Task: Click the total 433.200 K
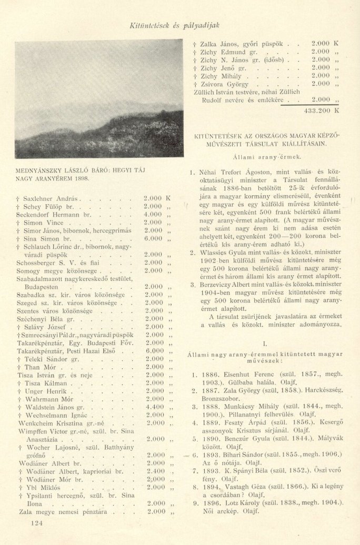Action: click(x=322, y=111)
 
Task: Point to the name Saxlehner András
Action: click(x=51, y=199)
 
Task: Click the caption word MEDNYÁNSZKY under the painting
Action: click(x=44, y=171)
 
